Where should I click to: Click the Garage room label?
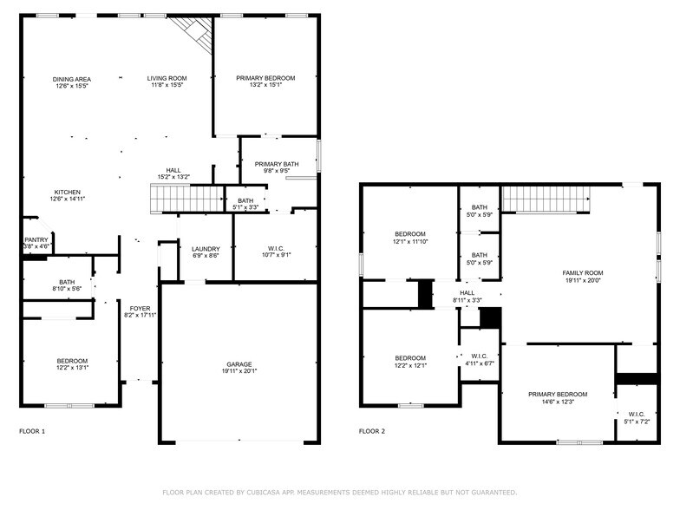click(239, 364)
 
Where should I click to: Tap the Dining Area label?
click(71, 79)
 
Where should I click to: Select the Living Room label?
click(167, 79)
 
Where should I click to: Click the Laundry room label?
click(206, 249)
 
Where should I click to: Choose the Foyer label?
click(141, 308)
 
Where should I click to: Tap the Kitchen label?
click(68, 193)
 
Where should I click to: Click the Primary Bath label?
click(277, 164)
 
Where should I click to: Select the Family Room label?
click(583, 273)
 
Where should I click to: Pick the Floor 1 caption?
click(32, 431)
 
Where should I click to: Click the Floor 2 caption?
click(372, 431)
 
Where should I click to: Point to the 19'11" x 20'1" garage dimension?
click(239, 371)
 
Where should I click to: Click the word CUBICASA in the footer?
click(263, 493)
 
